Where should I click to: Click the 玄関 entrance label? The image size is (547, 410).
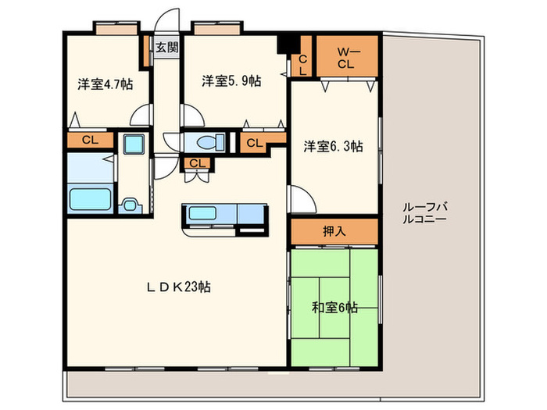point(166,47)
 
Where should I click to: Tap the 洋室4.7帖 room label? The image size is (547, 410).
point(104,84)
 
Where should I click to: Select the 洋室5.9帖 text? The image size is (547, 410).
point(231,80)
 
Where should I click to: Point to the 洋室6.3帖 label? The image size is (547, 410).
point(333,145)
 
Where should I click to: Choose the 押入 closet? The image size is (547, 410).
point(334,231)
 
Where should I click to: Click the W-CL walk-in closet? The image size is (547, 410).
point(347,58)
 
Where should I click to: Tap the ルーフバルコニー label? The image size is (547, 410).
point(424,213)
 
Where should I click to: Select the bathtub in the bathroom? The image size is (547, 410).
point(91,198)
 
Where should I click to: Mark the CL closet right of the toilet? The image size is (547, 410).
point(254,143)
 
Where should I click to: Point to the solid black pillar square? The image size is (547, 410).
point(291,43)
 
